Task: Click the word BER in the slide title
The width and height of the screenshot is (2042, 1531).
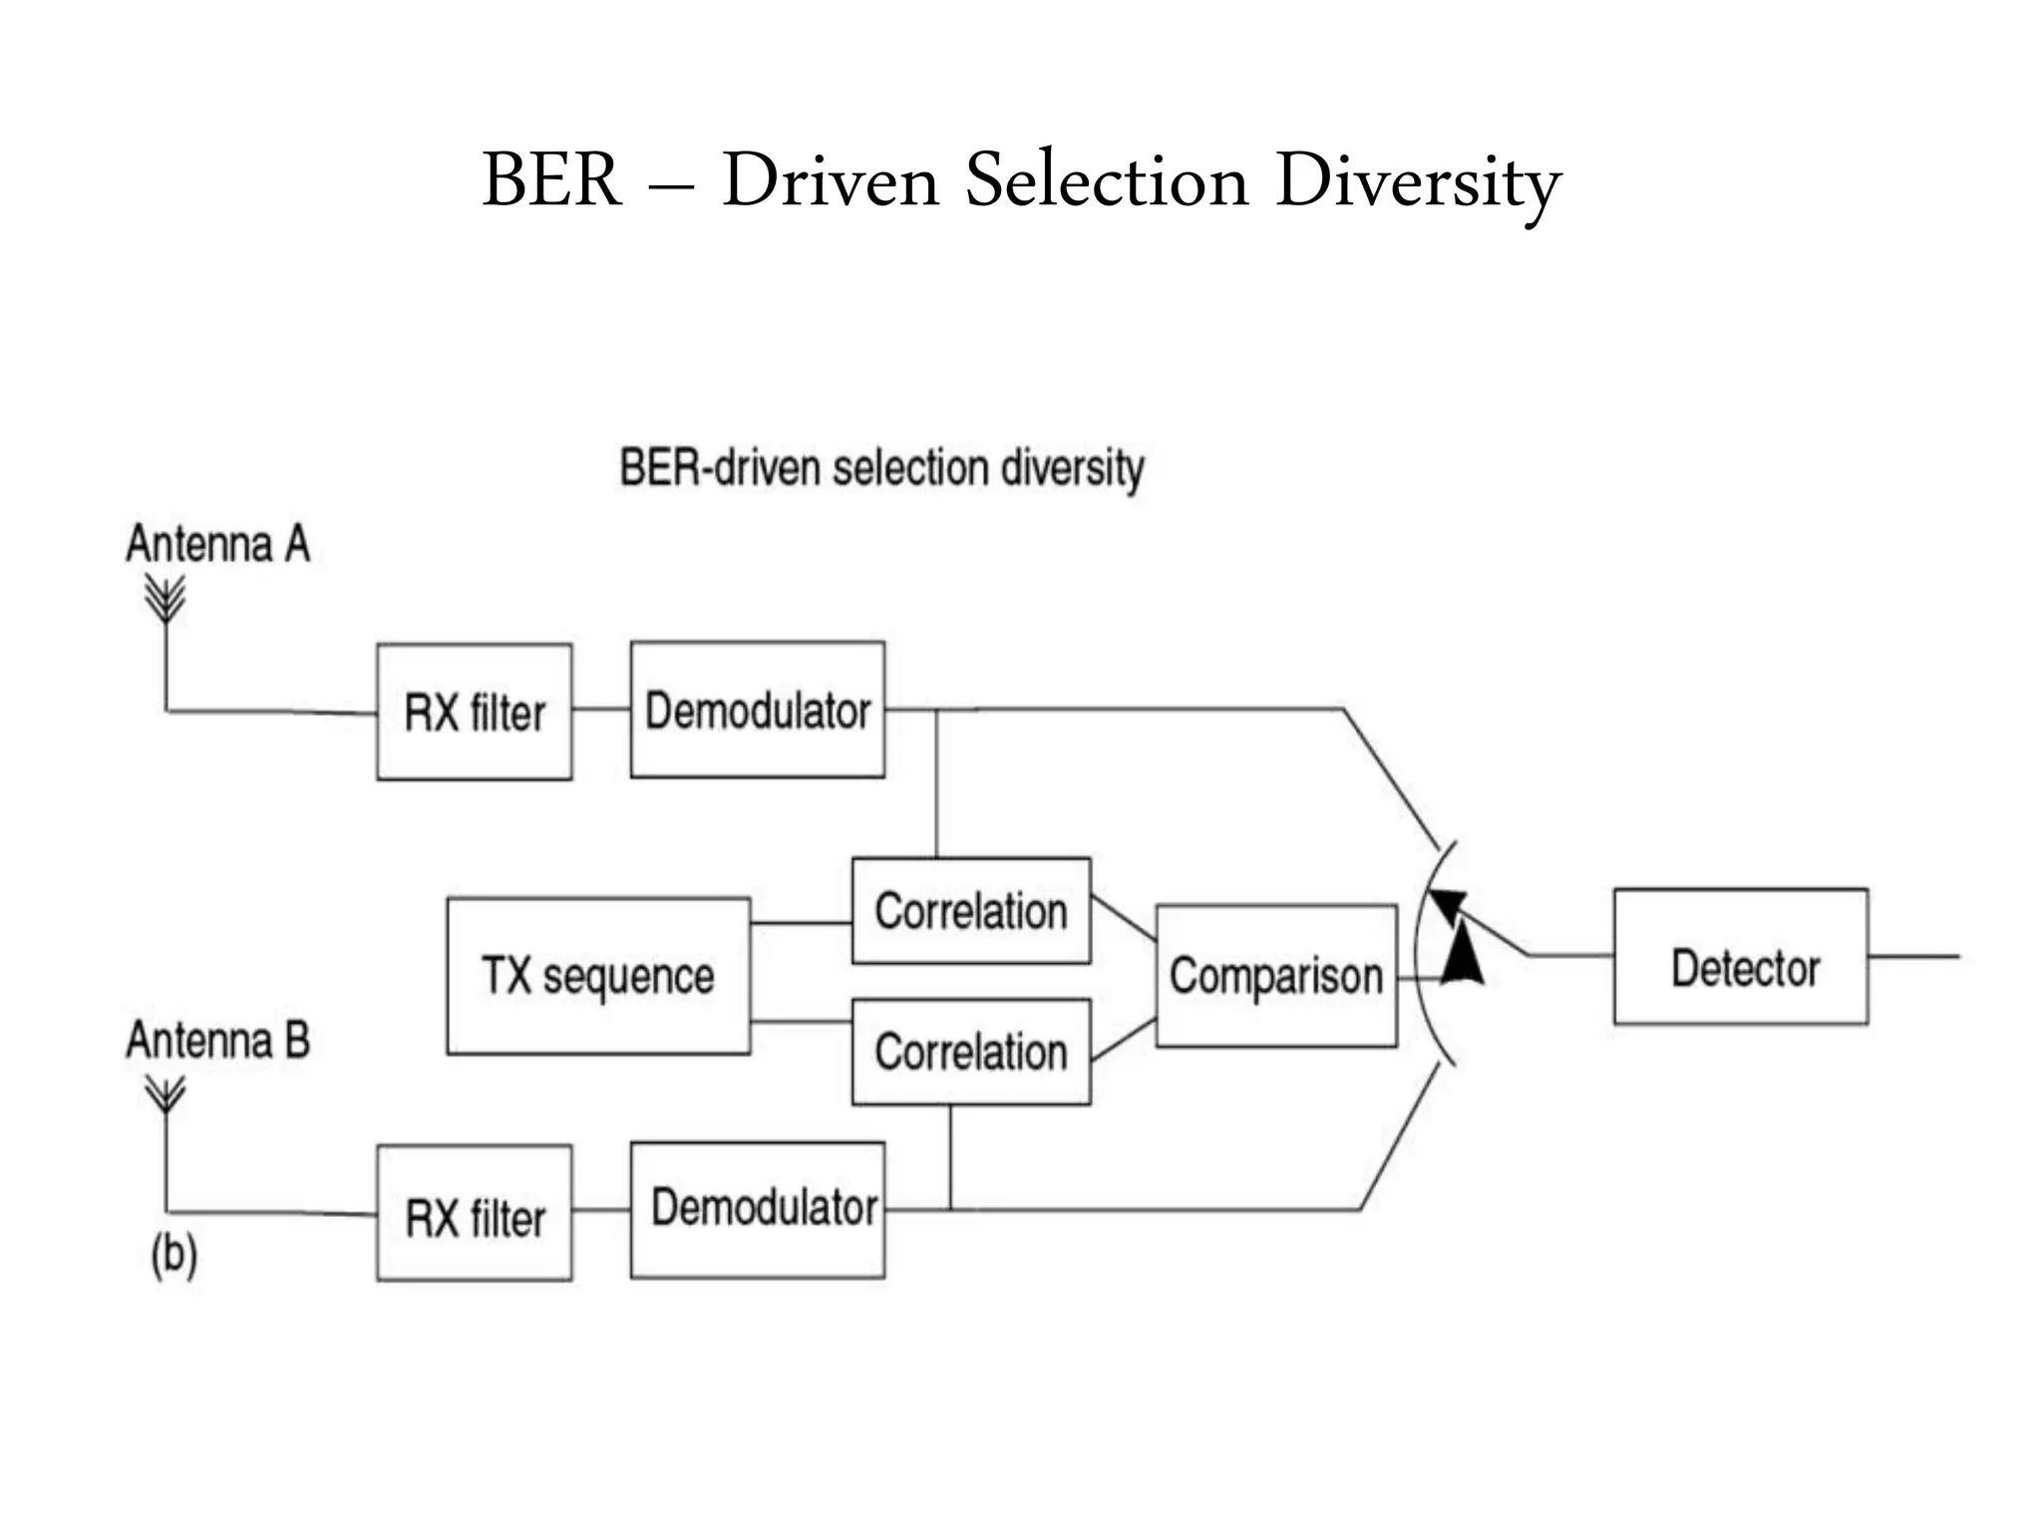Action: click(551, 180)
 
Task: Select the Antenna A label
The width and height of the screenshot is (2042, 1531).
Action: click(217, 544)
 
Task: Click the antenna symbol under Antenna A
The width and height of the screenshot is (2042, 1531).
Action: click(166, 599)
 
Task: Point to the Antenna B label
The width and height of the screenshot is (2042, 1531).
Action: click(217, 1040)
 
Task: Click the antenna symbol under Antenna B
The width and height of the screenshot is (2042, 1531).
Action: click(166, 1094)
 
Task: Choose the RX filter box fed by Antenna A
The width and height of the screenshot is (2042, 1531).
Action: click(475, 712)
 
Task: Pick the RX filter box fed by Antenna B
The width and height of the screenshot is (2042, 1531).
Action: click(475, 1213)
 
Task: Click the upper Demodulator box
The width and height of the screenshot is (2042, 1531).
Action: click(758, 710)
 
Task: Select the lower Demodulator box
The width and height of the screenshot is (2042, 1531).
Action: click(758, 1210)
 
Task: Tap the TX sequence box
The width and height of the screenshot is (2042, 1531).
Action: click(598, 976)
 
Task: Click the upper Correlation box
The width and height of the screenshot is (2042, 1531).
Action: click(971, 910)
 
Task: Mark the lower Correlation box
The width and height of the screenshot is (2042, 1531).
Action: click(971, 1052)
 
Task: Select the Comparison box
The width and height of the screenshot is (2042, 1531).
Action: click(1276, 976)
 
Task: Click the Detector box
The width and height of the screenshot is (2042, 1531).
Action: click(1741, 957)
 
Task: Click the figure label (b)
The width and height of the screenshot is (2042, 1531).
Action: click(174, 1254)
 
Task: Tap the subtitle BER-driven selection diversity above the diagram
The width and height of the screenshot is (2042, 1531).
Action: click(881, 468)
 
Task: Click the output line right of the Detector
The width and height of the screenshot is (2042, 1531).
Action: click(1914, 957)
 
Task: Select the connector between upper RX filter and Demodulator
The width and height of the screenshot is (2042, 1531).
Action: click(601, 710)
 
